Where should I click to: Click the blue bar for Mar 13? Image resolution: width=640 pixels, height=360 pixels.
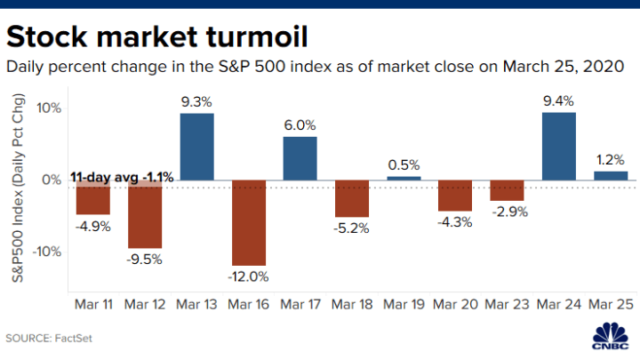click(196, 147)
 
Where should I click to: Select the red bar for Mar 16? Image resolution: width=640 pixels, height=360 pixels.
click(249, 223)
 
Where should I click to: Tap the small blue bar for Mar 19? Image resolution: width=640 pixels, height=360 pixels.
click(404, 179)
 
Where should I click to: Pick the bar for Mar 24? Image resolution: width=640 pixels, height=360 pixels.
click(559, 146)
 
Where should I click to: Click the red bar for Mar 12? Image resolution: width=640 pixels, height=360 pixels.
click(145, 214)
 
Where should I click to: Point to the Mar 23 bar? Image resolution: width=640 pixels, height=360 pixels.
click(507, 190)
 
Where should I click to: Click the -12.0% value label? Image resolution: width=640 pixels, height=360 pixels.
click(248, 276)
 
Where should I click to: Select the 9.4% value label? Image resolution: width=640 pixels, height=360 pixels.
click(558, 100)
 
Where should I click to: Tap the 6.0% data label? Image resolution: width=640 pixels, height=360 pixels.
click(300, 125)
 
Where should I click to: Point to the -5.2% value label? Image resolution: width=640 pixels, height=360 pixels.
click(351, 228)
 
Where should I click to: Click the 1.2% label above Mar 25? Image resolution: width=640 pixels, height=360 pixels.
click(610, 160)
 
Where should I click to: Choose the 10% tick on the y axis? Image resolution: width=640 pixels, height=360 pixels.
click(49, 108)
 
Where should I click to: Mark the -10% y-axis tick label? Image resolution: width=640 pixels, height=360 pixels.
click(46, 252)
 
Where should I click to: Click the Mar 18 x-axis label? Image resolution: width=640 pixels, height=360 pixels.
click(352, 304)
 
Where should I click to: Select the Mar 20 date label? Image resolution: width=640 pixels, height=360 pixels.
click(455, 304)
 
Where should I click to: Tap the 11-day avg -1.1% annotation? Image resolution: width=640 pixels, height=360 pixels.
click(122, 178)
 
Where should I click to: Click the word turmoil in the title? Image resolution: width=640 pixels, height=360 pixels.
click(257, 36)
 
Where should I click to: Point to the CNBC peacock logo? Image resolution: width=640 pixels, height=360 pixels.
click(611, 335)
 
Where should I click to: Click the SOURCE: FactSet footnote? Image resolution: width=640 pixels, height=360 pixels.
click(49, 339)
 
